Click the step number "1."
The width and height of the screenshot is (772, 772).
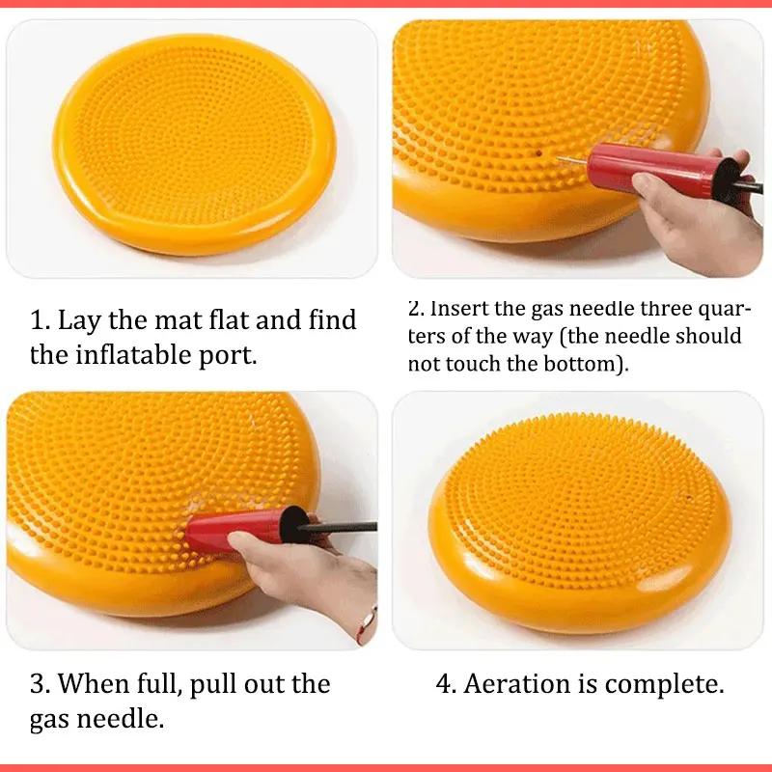(x=41, y=319)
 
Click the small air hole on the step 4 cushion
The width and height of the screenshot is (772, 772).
(x=689, y=498)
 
